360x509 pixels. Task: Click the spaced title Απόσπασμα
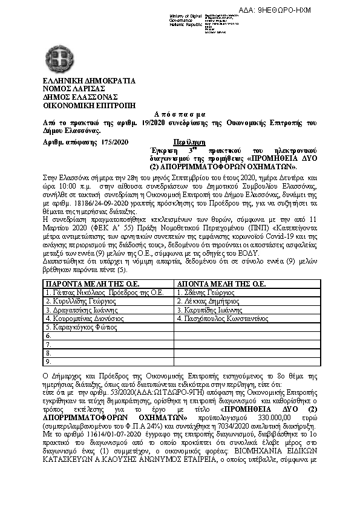tap(180, 113)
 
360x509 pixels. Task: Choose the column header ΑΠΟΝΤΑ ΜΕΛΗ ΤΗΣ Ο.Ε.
tap(221, 283)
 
